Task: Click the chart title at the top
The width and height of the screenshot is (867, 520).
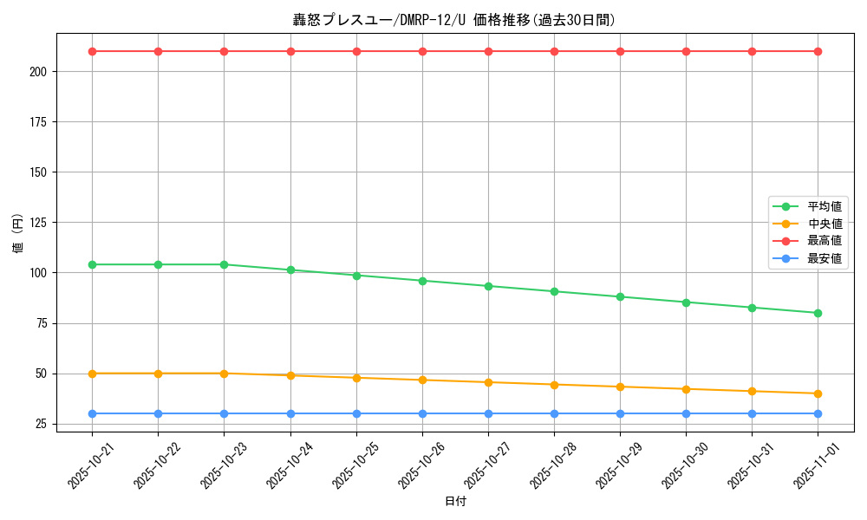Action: tap(454, 20)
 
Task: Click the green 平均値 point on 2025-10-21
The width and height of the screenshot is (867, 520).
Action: tap(92, 264)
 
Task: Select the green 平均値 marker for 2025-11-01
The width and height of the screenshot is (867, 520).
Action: tap(818, 313)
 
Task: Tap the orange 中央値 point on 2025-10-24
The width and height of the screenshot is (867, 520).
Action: tap(290, 375)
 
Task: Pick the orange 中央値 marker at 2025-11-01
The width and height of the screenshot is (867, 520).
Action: tap(818, 393)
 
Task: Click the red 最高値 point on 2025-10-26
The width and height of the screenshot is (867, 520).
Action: tap(422, 51)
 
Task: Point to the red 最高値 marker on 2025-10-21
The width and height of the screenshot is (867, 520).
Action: tap(92, 51)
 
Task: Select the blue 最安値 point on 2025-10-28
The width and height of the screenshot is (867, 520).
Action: tap(554, 413)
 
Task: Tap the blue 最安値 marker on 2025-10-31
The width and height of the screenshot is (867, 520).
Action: tap(752, 413)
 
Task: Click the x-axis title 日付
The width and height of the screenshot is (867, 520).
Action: tap(454, 502)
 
